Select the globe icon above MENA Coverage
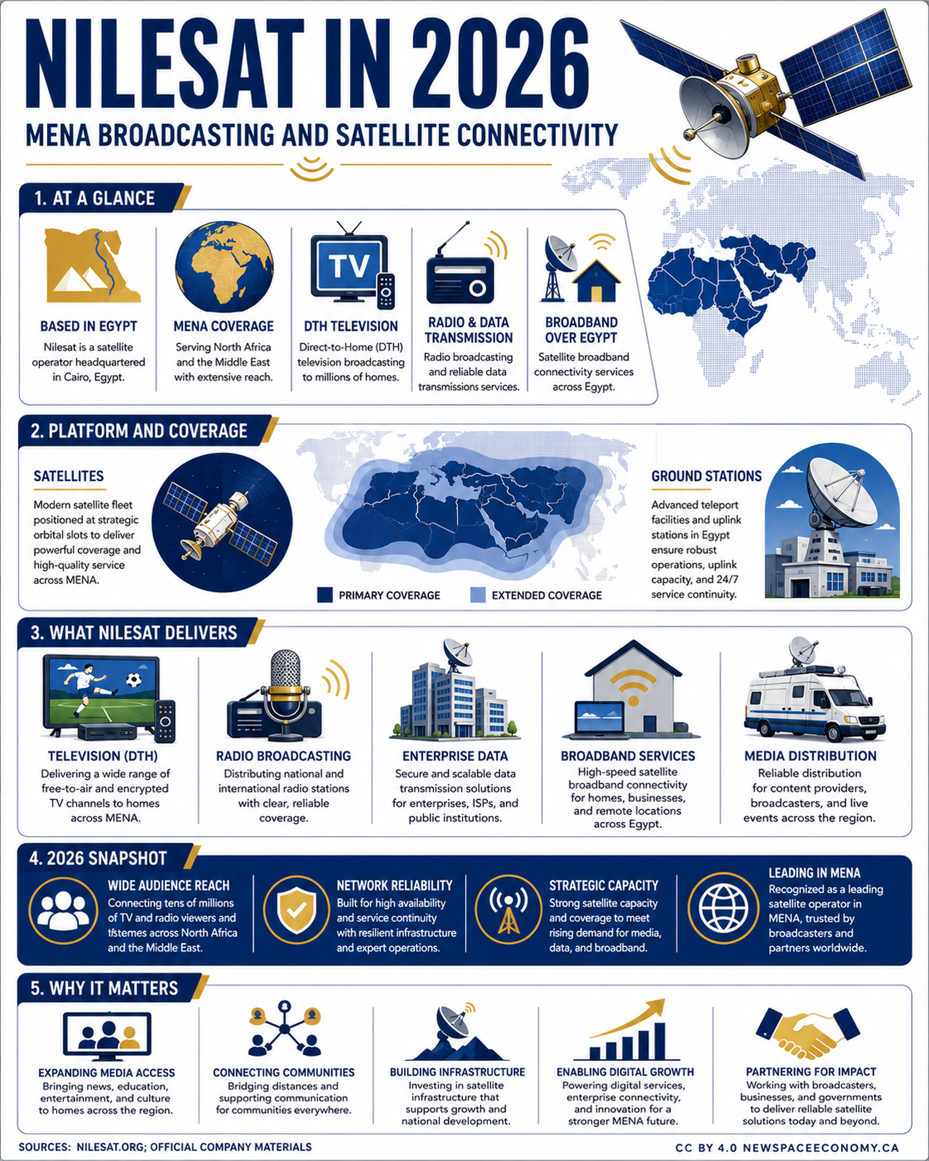[224, 267]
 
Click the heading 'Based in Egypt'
[89, 326]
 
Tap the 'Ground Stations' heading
[707, 476]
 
